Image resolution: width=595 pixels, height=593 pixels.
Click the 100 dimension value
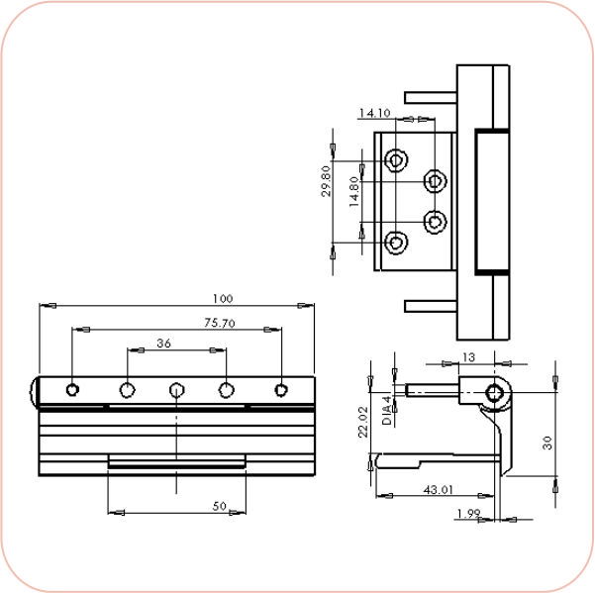222,298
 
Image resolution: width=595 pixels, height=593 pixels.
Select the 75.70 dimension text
220,323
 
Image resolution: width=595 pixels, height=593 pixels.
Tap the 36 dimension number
165,344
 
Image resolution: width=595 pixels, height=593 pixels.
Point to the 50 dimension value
221,506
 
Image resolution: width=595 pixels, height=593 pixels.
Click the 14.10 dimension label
374,113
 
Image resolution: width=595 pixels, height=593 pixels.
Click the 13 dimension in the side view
468,356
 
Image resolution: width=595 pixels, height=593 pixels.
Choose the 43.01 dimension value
434,488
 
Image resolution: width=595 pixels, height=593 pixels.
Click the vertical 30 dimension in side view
546,444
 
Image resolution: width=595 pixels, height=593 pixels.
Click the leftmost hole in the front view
72,389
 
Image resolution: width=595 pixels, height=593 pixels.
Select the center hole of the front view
176,390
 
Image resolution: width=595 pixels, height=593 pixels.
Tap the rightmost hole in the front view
281,389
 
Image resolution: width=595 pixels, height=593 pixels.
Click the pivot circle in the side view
495,394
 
